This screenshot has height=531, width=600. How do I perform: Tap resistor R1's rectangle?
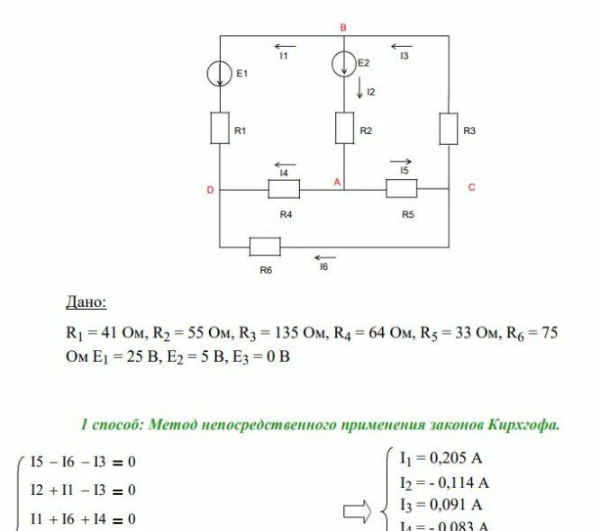[221, 129]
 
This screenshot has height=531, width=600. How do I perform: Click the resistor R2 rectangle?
[344, 128]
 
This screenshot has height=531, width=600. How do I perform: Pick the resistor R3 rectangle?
[449, 129]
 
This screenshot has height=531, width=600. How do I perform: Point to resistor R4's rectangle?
[284, 190]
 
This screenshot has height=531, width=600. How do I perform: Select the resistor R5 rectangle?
[402, 189]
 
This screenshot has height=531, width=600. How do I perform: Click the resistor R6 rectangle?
[265, 246]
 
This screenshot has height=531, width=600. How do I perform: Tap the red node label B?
[343, 28]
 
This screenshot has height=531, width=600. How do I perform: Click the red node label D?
[210, 190]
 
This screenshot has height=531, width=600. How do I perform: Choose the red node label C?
[471, 187]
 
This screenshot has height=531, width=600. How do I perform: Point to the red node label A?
[337, 182]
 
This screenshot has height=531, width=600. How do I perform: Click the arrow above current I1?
[285, 45]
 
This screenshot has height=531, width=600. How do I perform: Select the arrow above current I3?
[402, 45]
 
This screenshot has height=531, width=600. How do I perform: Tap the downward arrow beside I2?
[359, 88]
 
